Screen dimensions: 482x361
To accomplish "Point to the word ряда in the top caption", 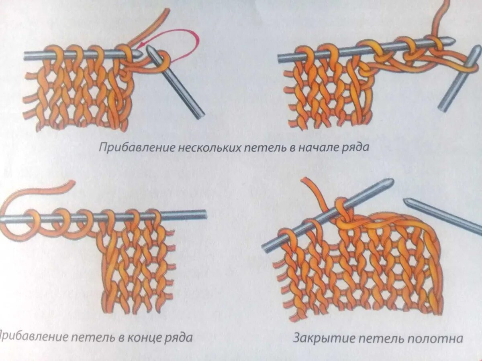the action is [355, 148].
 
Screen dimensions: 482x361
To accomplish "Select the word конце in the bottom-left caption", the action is [145, 337].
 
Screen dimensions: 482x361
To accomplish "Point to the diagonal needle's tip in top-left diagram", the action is [150, 48].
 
